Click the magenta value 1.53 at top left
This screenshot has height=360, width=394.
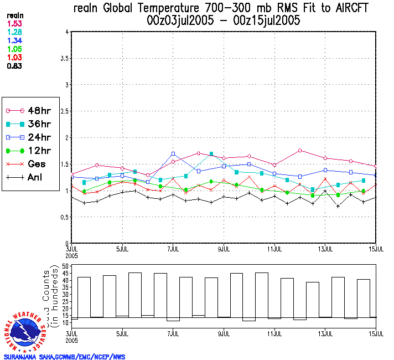click(x=14, y=24)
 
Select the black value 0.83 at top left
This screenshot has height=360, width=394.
click(x=14, y=66)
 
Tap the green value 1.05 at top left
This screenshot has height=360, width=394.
click(x=14, y=49)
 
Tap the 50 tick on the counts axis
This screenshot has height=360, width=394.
click(x=65, y=266)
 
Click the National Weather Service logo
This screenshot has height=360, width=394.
click(x=26, y=332)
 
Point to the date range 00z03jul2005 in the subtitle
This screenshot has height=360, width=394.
click(x=180, y=21)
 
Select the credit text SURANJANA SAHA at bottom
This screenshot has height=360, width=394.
click(x=34, y=357)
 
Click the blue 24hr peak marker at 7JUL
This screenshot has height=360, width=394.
click(x=173, y=153)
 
